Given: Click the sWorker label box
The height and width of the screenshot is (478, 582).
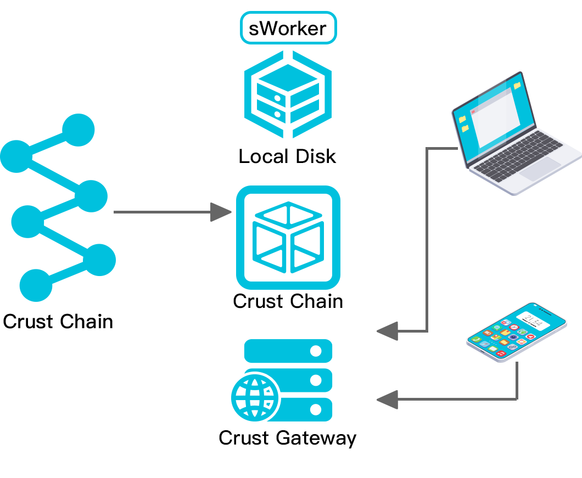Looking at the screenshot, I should [x=288, y=28].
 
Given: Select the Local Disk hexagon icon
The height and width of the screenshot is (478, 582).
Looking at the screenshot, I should [x=287, y=95].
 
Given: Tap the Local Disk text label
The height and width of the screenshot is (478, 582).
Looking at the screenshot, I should [x=287, y=157].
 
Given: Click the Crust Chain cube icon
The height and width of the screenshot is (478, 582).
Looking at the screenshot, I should [x=288, y=238].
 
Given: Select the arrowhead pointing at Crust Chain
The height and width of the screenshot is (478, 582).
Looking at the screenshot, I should [x=221, y=212].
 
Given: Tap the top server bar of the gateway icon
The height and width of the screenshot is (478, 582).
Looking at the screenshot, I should [x=288, y=351].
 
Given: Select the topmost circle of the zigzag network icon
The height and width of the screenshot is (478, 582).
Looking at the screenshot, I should [x=79, y=130].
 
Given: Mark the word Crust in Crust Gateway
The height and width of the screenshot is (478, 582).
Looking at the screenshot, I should [x=244, y=438].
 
